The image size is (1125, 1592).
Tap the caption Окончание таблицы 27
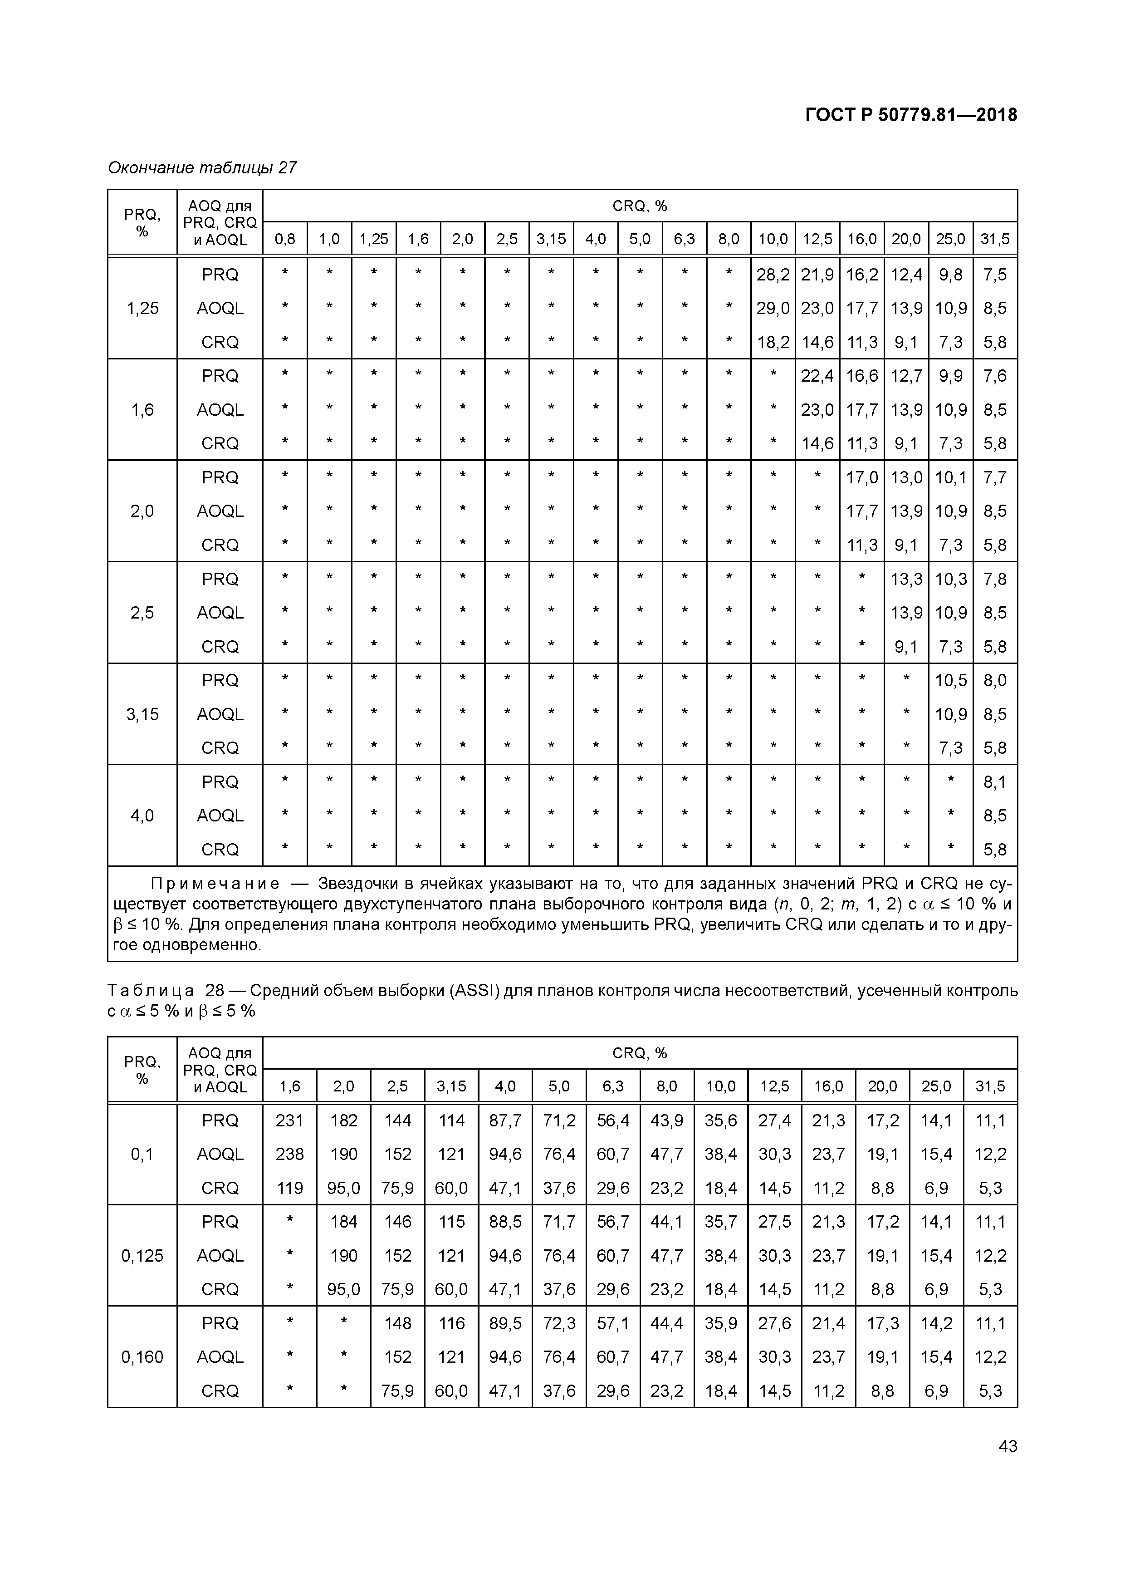202,168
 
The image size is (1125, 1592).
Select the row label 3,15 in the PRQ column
142,715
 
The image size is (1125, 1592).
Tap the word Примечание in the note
215,884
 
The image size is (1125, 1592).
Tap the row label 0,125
142,1256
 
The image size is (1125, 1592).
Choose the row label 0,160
142,1357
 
